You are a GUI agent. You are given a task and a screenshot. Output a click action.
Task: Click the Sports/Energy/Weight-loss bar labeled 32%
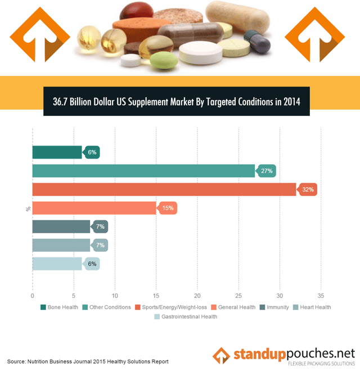point(163,189)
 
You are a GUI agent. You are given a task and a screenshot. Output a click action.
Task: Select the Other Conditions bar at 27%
point(143,171)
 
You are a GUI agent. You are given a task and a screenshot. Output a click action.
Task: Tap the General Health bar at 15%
point(94,208)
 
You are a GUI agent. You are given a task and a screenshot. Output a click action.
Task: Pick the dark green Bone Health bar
point(57,152)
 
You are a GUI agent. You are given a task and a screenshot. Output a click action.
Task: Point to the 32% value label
point(308,189)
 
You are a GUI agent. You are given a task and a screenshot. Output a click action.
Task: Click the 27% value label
point(267,171)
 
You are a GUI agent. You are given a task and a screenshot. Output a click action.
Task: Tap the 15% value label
point(168,208)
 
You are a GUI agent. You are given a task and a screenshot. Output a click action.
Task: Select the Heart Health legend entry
point(314,307)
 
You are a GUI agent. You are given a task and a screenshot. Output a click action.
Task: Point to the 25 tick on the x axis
point(238,295)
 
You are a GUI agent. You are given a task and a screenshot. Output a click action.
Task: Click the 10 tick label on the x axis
point(115,295)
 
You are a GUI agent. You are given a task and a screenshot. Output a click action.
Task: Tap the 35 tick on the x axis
point(321,295)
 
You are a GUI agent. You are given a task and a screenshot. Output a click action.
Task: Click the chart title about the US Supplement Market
point(177,102)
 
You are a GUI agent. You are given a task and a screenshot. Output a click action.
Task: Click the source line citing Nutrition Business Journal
point(88,361)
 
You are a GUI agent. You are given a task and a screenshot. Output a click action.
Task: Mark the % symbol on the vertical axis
point(28,209)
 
